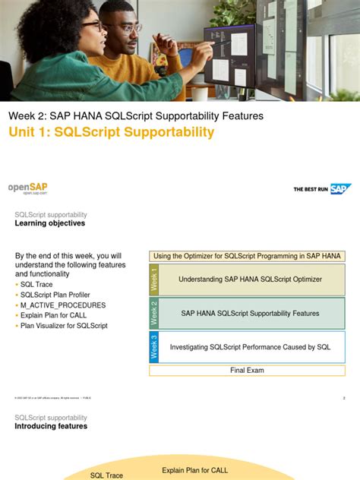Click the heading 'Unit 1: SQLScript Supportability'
(x=111, y=133)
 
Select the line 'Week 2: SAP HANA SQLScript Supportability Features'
(x=136, y=115)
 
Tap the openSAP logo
(x=28, y=188)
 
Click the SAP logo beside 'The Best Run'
(x=339, y=189)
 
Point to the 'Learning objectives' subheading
(x=50, y=223)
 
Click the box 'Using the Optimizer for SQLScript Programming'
(x=247, y=256)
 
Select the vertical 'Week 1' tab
(x=154, y=279)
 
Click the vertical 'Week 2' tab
(x=154, y=313)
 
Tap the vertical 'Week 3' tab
(x=154, y=347)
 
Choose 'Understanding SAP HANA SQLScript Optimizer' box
(x=250, y=279)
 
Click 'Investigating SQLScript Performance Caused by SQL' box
(x=250, y=347)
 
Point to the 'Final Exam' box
(x=247, y=371)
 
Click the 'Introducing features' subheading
(x=51, y=426)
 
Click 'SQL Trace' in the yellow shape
(x=106, y=475)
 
